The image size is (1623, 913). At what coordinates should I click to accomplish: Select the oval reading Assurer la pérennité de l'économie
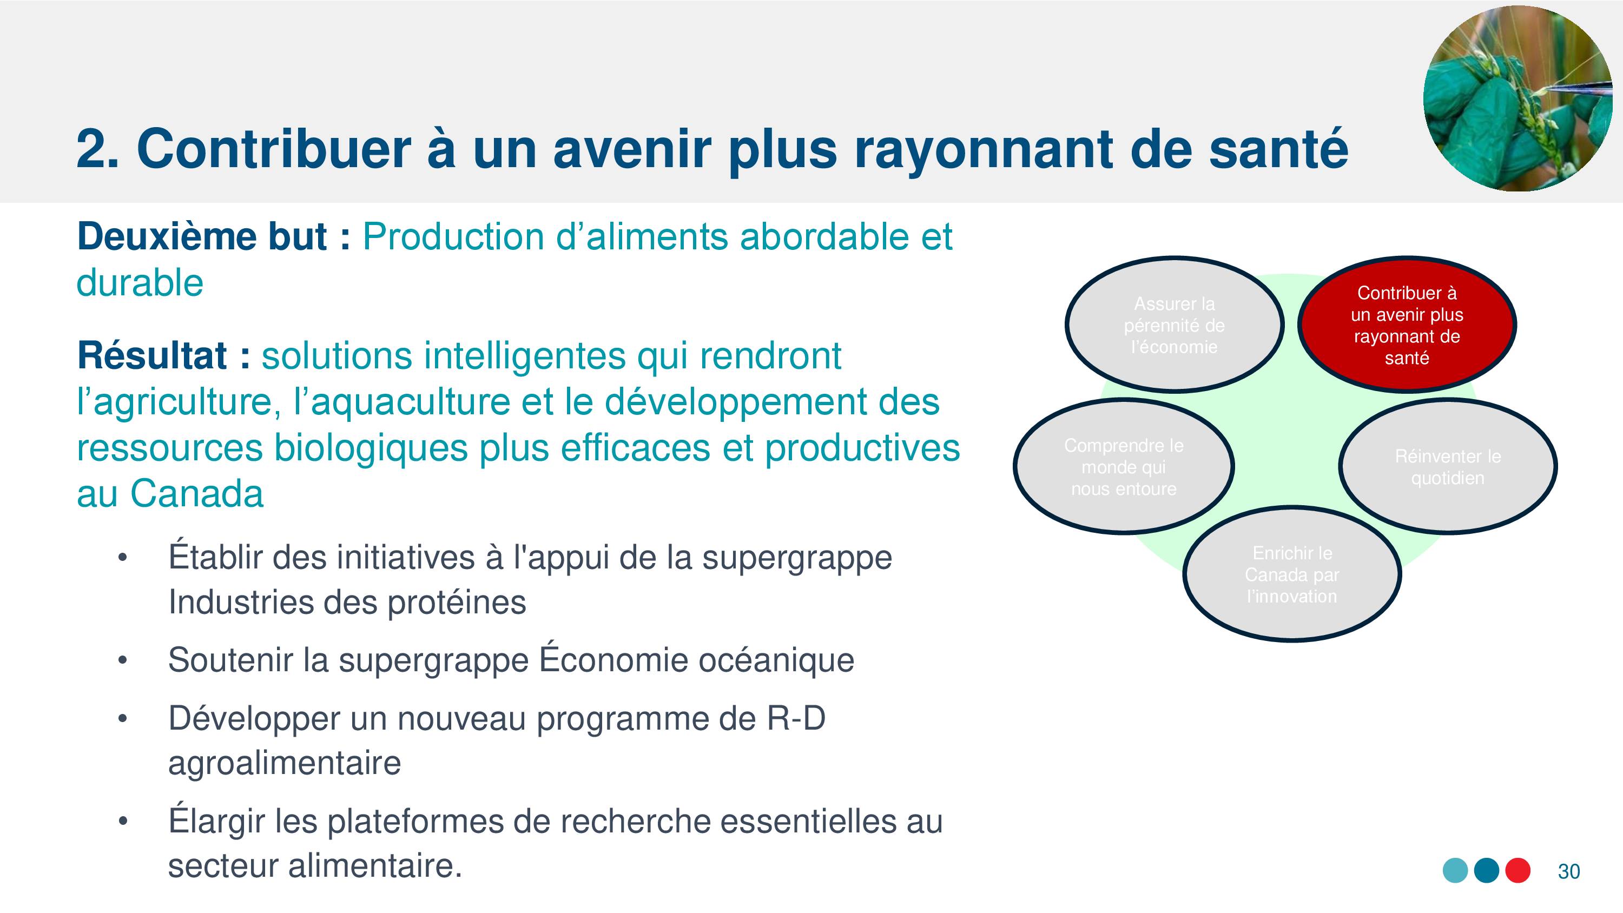tap(1175, 325)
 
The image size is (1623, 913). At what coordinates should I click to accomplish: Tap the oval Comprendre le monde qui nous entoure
tap(1123, 466)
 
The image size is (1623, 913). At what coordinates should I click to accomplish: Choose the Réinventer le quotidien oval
tap(1448, 466)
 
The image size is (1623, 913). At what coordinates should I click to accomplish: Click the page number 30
tap(1569, 871)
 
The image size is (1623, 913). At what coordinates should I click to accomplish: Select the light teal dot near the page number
tap(1455, 870)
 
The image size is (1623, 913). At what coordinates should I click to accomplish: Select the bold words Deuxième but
tap(202, 237)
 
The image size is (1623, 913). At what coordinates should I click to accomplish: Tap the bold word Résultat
tap(152, 355)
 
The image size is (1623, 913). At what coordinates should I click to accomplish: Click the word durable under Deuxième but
tap(140, 282)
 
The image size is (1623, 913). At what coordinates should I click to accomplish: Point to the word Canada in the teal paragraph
tap(196, 493)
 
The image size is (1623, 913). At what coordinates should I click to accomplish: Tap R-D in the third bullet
tap(796, 718)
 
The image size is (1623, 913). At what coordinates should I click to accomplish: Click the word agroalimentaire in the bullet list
tap(284, 764)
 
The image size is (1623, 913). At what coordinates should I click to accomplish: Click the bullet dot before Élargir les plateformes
tap(123, 821)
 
